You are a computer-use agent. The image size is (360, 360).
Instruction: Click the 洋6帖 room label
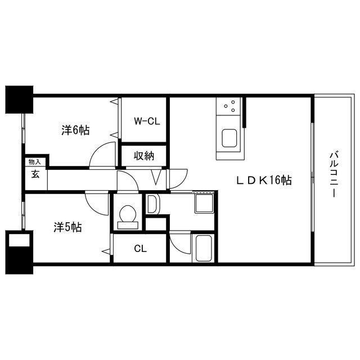pyautogui.click(x=75, y=130)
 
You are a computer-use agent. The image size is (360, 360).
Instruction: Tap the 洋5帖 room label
pyautogui.click(x=68, y=227)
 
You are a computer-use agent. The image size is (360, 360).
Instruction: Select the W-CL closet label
pyautogui.click(x=145, y=120)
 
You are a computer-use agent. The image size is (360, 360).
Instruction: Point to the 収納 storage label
pyautogui.click(x=144, y=155)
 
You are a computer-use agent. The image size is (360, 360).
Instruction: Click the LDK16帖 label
pyautogui.click(x=263, y=181)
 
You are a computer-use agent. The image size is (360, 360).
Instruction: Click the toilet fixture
pyautogui.click(x=128, y=215)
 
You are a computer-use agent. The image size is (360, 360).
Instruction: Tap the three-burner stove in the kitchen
pyautogui.click(x=229, y=105)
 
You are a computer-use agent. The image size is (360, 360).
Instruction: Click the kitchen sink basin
pyautogui.click(x=229, y=138)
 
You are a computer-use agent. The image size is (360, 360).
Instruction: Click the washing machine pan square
pyautogui.click(x=203, y=202)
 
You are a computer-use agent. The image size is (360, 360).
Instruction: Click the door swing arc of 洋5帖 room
pyautogui.click(x=97, y=204)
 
